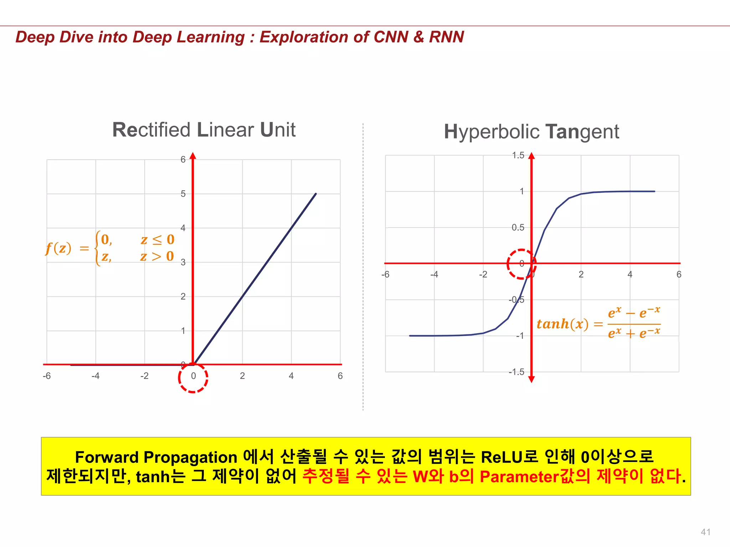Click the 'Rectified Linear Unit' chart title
pos(204,130)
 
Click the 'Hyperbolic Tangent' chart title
pos(531,132)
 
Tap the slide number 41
pos(705,532)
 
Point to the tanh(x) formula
pos(598,323)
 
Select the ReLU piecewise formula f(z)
pos(110,248)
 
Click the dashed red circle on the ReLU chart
pos(193,378)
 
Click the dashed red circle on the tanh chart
pos(521,264)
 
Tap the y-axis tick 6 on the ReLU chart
pos(183,160)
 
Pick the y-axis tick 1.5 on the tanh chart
pos(518,155)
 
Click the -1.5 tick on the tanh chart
pos(516,372)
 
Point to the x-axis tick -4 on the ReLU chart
pos(95,376)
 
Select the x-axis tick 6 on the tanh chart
pos(679,275)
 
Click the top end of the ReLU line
pos(316,194)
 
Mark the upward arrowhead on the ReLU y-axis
pos(193,156)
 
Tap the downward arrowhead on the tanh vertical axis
pos(531,379)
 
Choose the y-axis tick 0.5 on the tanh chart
pos(518,228)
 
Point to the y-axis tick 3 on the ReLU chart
pos(183,263)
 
